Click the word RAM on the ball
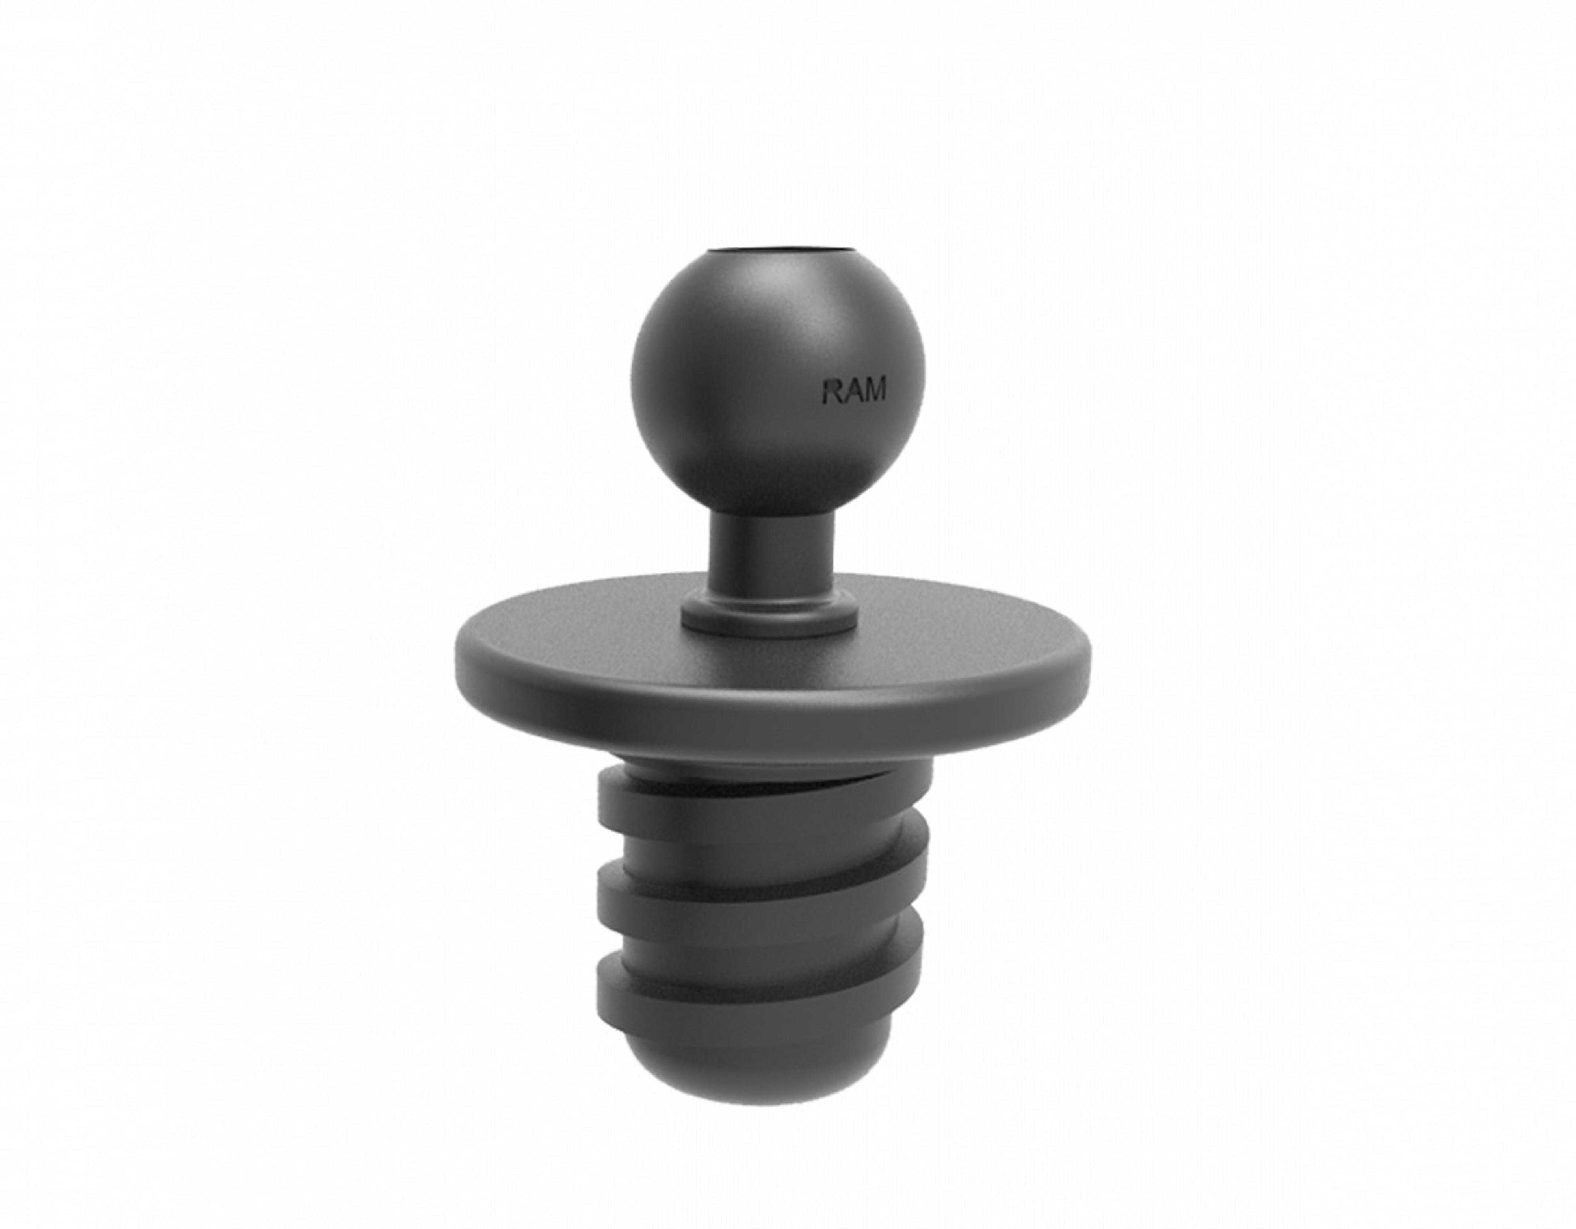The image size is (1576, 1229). pyautogui.click(x=854, y=390)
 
